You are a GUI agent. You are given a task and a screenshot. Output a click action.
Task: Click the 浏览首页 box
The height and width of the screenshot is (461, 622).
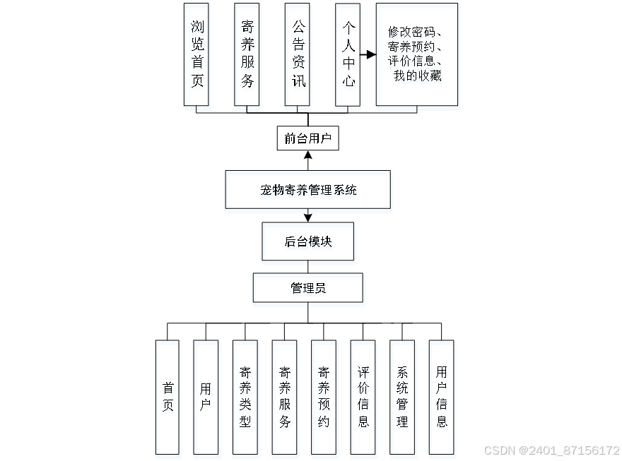click(x=197, y=54)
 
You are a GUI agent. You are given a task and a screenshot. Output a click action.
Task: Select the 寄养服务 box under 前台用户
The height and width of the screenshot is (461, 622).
click(x=247, y=54)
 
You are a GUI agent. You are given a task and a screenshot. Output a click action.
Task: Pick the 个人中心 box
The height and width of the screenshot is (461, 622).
click(x=348, y=54)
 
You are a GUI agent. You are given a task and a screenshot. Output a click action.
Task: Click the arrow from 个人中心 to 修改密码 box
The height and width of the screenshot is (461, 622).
click(x=368, y=54)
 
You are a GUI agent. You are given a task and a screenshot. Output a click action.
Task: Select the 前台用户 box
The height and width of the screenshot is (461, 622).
click(x=307, y=139)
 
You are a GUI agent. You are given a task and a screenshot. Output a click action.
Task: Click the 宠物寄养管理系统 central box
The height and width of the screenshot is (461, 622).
click(x=307, y=189)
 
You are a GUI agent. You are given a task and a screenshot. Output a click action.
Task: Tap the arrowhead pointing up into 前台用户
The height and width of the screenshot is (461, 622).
click(x=307, y=155)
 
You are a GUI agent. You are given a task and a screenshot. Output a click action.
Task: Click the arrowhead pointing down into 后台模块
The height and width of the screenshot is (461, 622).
click(x=307, y=217)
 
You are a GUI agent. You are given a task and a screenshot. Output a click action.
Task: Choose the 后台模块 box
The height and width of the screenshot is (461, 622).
click(x=307, y=241)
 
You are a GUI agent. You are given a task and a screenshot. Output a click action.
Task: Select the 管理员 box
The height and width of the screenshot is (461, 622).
click(x=307, y=288)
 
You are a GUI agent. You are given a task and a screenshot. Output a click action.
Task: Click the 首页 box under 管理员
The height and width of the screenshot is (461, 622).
click(x=168, y=397)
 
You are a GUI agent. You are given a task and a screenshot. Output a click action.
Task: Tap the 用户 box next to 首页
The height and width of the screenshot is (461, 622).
click(x=206, y=397)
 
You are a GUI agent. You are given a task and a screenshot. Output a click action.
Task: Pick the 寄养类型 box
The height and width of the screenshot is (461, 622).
click(x=245, y=397)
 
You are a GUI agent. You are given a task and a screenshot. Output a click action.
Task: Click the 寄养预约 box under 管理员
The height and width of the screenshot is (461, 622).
click(x=324, y=397)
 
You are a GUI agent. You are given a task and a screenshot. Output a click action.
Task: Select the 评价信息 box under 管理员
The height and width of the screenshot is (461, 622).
click(x=363, y=397)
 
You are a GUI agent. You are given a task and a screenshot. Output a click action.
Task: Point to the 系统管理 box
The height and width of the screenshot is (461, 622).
click(x=402, y=397)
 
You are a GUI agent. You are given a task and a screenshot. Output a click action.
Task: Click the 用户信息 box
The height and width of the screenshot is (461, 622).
click(x=441, y=397)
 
